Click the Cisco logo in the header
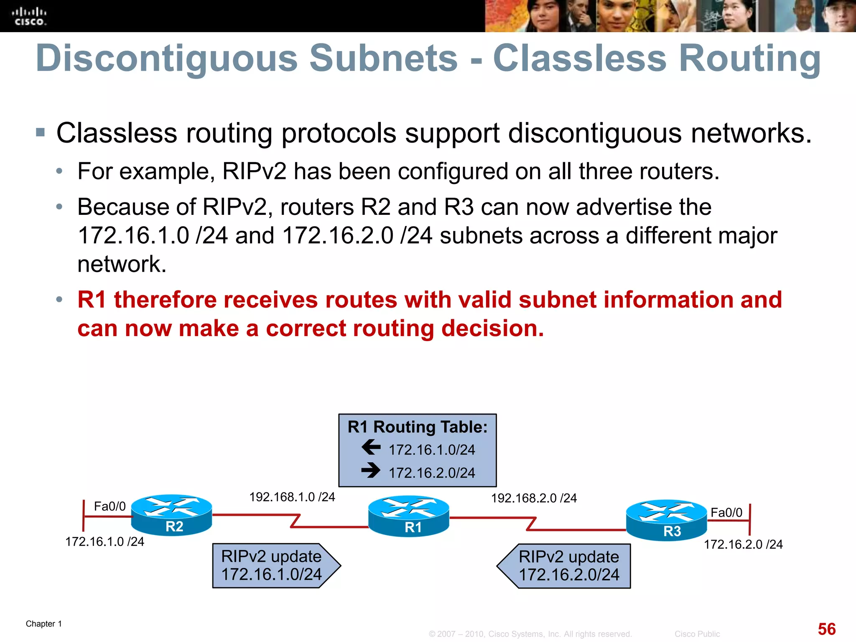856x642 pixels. pyautogui.click(x=29, y=16)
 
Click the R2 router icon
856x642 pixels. pyautogui.click(x=171, y=515)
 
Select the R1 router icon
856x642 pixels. pyautogui.click(x=409, y=516)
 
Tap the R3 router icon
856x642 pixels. pyautogui.click(x=666, y=520)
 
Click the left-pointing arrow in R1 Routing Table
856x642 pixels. pyautogui.click(x=371, y=447)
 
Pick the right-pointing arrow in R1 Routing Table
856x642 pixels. pyautogui.click(x=371, y=471)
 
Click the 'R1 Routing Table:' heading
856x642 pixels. pyautogui.click(x=418, y=427)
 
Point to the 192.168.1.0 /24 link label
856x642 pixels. pyautogui.click(x=292, y=497)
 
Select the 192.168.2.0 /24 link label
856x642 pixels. pyautogui.click(x=534, y=498)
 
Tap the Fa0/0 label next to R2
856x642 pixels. pyautogui.click(x=110, y=506)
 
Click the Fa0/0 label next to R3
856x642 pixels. pyautogui.click(x=726, y=512)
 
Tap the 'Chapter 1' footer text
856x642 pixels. pyautogui.click(x=44, y=624)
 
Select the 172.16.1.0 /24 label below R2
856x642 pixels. pyautogui.click(x=104, y=542)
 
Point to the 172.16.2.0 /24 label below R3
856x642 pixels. pyautogui.click(x=743, y=544)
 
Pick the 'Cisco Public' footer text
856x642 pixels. pyautogui.click(x=697, y=634)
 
